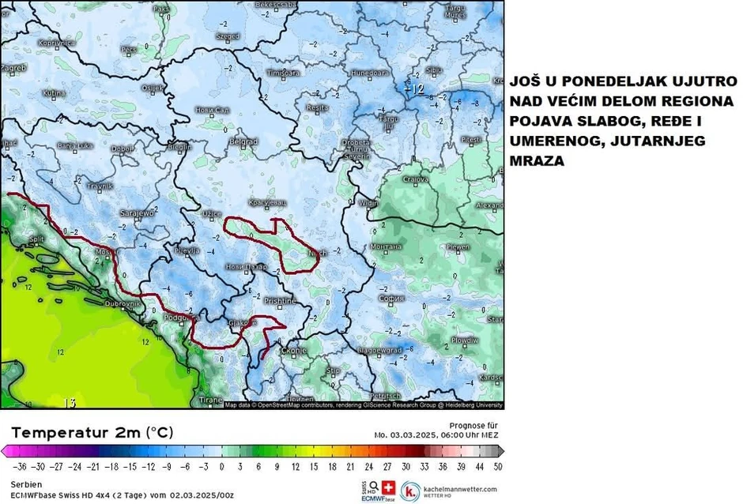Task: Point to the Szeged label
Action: pyautogui.click(x=228, y=36)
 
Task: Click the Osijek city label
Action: pyautogui.click(x=151, y=88)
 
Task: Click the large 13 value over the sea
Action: pyautogui.click(x=70, y=403)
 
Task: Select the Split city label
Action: pyautogui.click(x=36, y=238)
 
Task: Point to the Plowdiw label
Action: pyautogui.click(x=464, y=340)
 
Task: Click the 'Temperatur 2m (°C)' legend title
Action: pyautogui.click(x=92, y=433)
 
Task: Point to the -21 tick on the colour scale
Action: pyautogui.click(x=93, y=467)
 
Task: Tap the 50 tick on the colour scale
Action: pyautogui.click(x=497, y=467)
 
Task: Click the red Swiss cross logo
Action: pyautogui.click(x=387, y=487)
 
